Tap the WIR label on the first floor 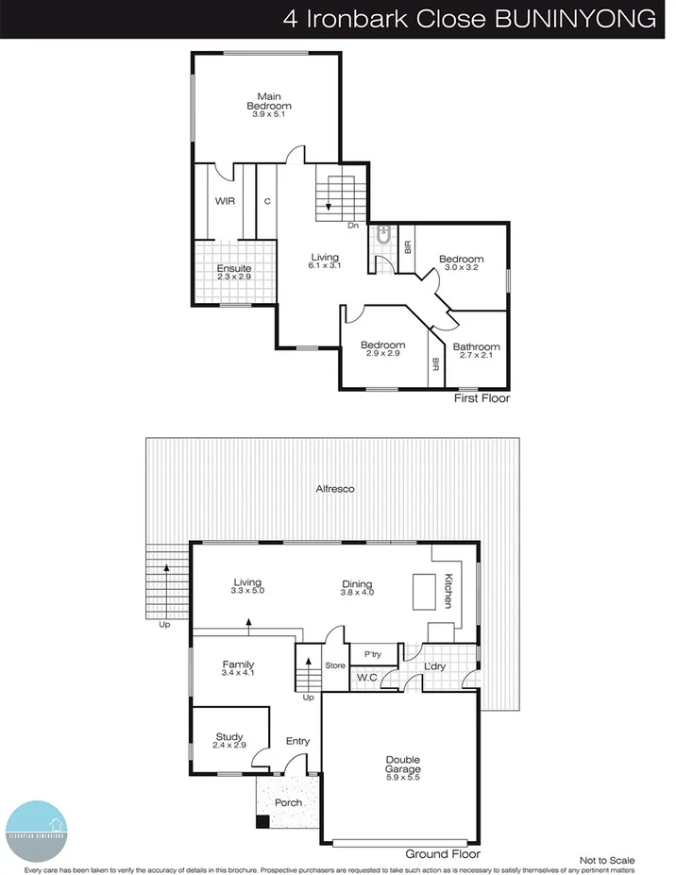coord(225,201)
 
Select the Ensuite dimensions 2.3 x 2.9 coord(234,278)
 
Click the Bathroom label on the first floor coord(479,347)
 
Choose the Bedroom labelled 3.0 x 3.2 coord(461,260)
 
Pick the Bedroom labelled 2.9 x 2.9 coord(382,345)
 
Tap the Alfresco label coord(335,489)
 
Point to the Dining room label coord(357,584)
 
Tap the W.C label coord(368,677)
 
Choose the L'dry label coord(434,666)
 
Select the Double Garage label coord(403,765)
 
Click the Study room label coord(229,737)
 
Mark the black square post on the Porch coord(262,821)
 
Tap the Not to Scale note coord(607,860)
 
